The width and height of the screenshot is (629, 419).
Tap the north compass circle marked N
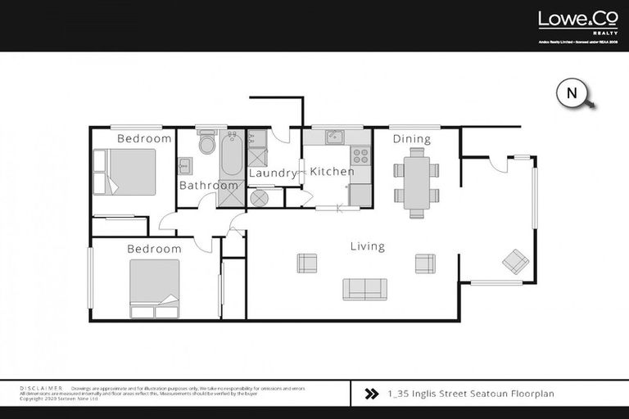571,93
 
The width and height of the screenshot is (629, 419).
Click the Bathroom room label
209,186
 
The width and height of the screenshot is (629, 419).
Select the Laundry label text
272,173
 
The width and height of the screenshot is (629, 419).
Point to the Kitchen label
332,172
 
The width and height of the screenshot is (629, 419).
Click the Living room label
367,246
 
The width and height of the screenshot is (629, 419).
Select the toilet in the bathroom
206,142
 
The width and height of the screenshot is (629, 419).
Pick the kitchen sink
333,137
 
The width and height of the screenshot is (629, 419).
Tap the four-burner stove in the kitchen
360,155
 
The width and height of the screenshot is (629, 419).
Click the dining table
417,182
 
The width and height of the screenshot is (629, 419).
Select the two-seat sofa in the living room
364,288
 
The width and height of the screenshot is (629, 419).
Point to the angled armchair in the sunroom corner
515,261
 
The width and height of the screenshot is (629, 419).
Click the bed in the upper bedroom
125,172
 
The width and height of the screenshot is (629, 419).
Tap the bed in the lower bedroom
154,287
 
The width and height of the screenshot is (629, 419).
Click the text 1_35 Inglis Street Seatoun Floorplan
470,394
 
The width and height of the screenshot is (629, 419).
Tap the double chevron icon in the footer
371,394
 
